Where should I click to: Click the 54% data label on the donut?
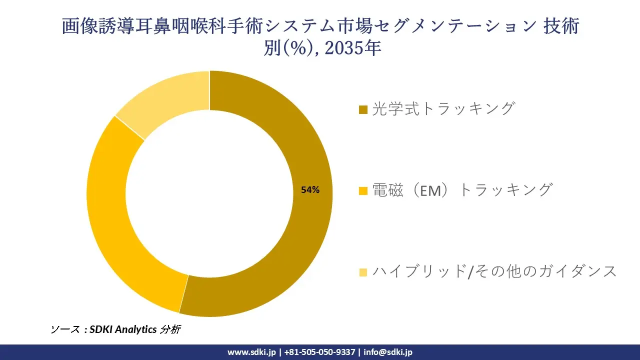point(310,190)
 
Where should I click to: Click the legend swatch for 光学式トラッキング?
point(363,109)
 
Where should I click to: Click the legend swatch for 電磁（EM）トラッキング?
point(363,190)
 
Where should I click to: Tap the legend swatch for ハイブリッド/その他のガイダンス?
point(363,272)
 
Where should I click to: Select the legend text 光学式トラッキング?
point(443,108)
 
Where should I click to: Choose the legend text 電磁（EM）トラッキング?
point(462,190)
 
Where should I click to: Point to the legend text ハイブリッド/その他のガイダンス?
point(494,271)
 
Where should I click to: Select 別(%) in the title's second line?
point(289,48)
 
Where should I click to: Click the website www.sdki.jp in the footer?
point(251,352)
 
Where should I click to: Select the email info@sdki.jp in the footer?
point(388,352)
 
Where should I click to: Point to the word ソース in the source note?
point(64,329)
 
